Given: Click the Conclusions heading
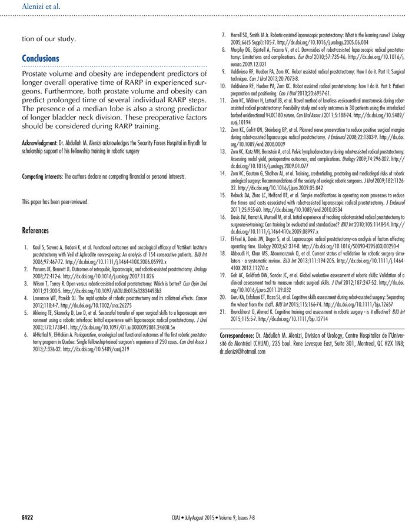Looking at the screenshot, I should [41, 59].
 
